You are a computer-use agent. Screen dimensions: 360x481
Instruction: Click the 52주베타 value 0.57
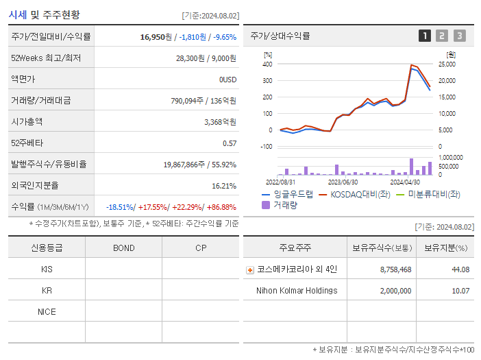(230, 143)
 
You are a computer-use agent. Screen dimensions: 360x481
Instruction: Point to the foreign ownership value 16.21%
(224, 185)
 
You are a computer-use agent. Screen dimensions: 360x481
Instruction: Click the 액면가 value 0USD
(227, 79)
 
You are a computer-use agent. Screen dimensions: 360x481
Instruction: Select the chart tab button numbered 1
(425, 36)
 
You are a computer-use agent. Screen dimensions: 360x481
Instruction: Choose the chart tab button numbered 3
(459, 36)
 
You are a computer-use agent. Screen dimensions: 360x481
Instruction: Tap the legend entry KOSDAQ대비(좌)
(360, 194)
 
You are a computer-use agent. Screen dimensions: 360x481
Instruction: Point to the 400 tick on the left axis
(267, 64)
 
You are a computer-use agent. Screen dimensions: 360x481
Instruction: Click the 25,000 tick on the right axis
(446, 64)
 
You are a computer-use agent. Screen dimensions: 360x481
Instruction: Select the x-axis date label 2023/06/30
(343, 182)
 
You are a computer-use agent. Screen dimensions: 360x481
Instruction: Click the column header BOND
(123, 248)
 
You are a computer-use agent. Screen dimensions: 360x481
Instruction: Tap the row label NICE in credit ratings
(47, 311)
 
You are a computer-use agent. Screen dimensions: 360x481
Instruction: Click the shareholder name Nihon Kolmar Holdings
(296, 290)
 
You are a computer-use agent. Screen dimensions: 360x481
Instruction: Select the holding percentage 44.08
(460, 269)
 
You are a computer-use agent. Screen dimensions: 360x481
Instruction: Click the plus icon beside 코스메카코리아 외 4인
(250, 269)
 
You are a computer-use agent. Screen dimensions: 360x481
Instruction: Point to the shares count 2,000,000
(395, 290)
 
